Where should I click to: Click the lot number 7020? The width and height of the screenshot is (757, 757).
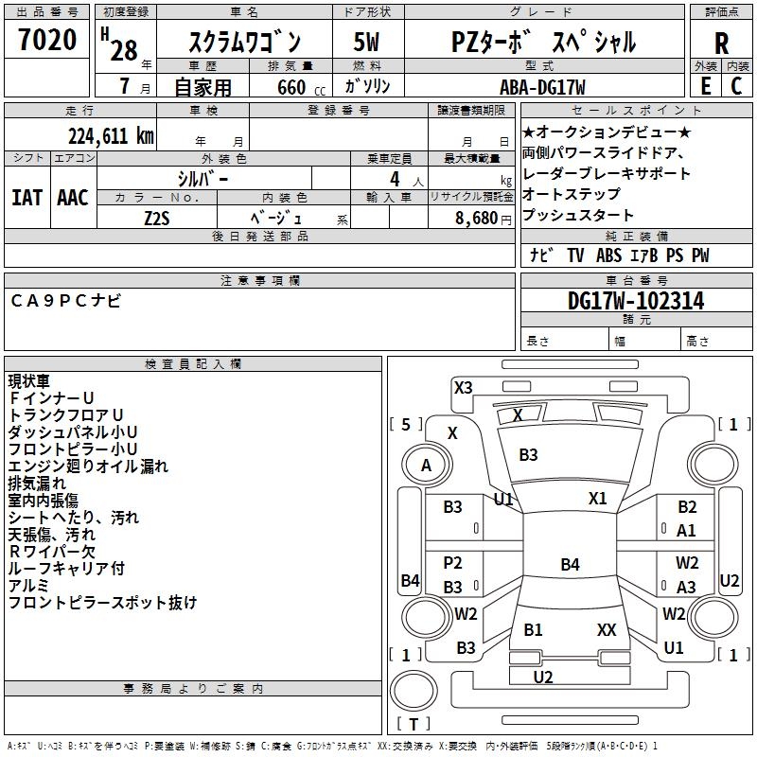[47, 41]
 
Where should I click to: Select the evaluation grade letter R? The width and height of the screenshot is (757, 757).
[721, 44]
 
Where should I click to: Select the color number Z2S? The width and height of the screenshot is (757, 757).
[157, 218]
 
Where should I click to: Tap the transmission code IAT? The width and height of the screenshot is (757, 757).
[26, 198]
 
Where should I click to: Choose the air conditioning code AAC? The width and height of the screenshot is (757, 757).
[73, 198]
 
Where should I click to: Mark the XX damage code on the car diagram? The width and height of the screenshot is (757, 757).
[607, 629]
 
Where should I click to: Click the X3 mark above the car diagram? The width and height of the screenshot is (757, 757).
[463, 387]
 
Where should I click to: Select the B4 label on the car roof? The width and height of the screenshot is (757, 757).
[570, 565]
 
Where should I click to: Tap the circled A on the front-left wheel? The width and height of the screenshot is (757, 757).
[426, 465]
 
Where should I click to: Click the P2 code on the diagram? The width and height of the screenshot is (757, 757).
[452, 563]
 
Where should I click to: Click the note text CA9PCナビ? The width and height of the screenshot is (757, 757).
[66, 301]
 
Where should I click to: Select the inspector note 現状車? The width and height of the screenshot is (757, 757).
[29, 381]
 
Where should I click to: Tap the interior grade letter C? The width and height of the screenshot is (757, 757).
[736, 86]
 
